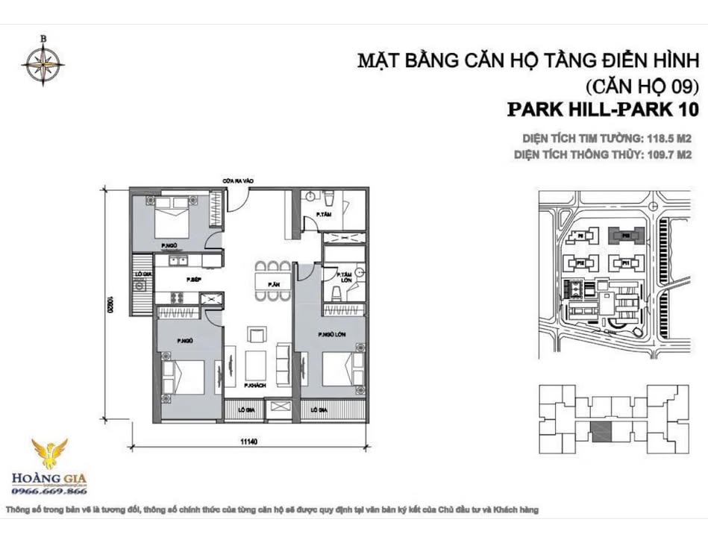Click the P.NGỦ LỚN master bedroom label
[x=330, y=335]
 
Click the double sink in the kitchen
[x=178, y=261]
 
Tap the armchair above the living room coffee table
[x=257, y=333]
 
